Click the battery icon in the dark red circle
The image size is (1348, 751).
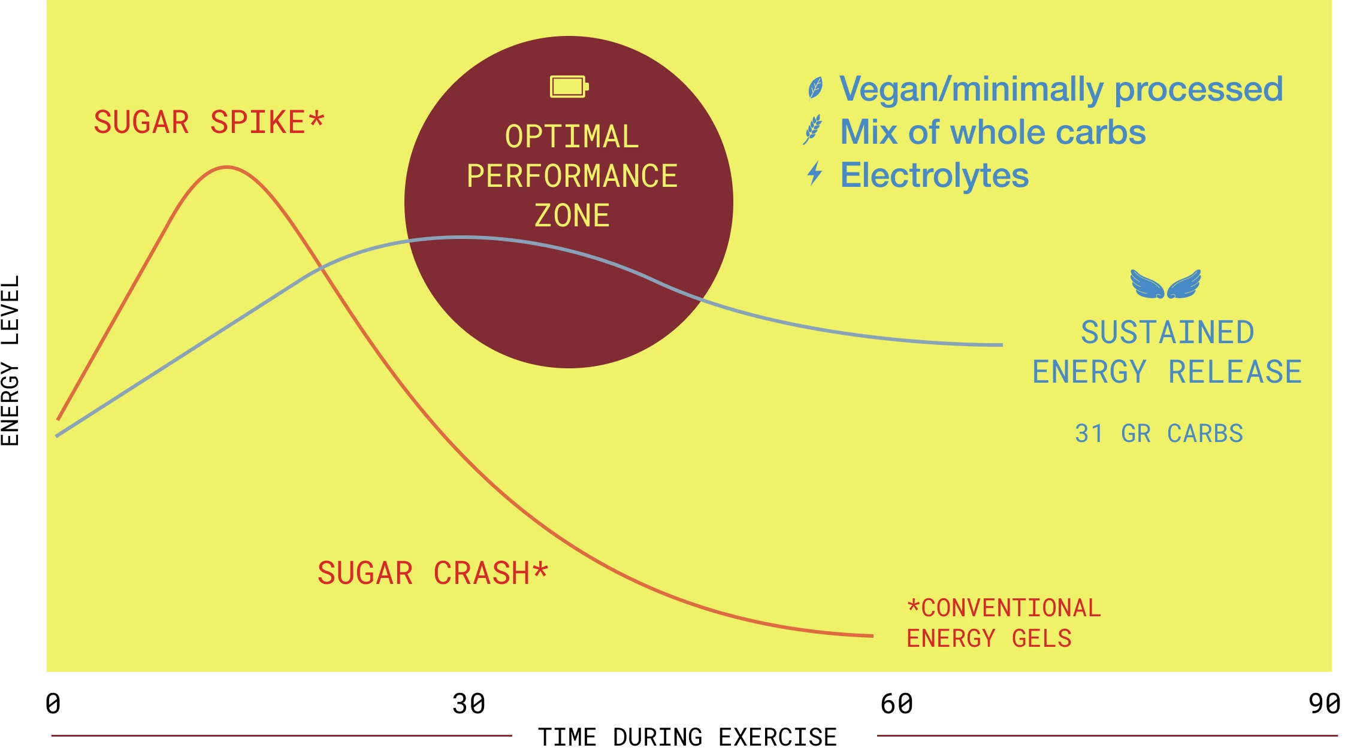(x=569, y=87)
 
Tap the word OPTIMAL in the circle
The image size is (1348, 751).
(x=572, y=137)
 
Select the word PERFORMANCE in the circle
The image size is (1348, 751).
(x=572, y=176)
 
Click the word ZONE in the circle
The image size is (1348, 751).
(x=572, y=216)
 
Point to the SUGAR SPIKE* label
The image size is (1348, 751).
(x=208, y=123)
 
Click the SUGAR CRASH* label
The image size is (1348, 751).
(x=433, y=573)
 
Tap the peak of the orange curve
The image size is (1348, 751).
(x=226, y=168)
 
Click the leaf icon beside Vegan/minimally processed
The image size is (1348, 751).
(x=815, y=89)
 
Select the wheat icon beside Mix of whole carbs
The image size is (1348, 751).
(x=813, y=131)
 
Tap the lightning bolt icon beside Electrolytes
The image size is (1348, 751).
(x=814, y=174)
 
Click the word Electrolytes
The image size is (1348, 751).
(x=934, y=175)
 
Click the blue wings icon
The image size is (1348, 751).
(x=1165, y=284)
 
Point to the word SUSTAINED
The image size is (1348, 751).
(x=1167, y=333)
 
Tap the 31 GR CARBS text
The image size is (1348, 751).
(x=1159, y=434)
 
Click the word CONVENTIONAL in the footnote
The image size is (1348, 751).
(x=1010, y=608)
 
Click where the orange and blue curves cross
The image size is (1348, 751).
(x=322, y=268)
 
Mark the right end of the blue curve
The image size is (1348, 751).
(x=1001, y=345)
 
